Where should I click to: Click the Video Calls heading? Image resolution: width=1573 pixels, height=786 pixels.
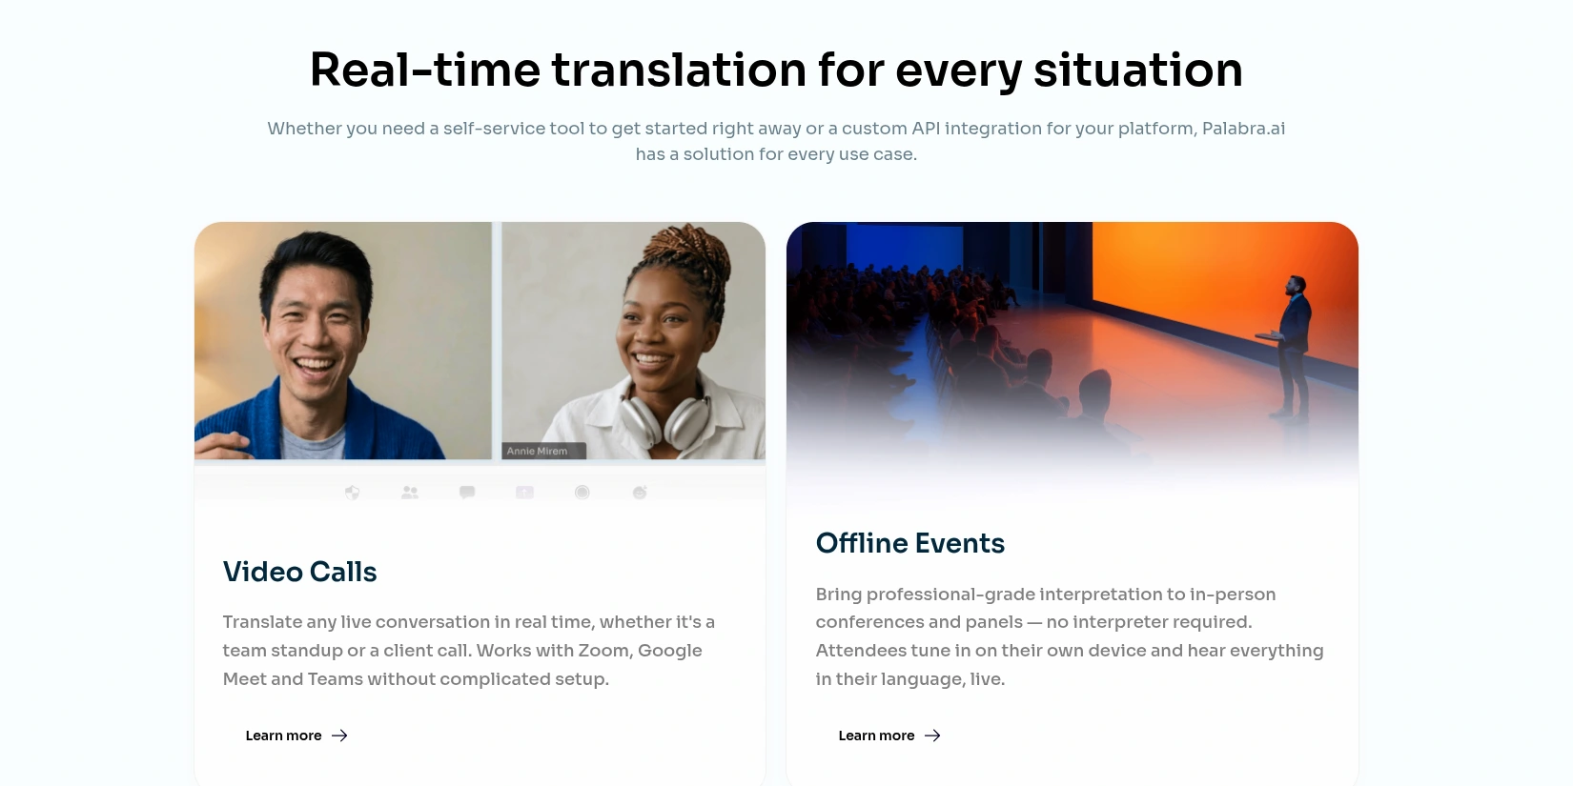(300, 572)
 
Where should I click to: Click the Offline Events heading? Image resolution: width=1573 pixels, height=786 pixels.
(910, 543)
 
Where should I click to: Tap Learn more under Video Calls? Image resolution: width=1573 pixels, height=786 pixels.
(284, 736)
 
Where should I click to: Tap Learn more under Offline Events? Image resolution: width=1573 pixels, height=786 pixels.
(876, 736)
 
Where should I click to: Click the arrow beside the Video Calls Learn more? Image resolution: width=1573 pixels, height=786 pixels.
(340, 736)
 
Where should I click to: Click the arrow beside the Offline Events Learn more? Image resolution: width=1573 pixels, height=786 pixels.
(932, 736)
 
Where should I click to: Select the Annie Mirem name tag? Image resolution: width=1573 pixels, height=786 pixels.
(543, 451)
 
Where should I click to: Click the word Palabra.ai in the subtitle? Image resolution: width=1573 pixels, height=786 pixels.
(1244, 129)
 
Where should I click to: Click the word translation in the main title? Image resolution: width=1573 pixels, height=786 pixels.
(679, 70)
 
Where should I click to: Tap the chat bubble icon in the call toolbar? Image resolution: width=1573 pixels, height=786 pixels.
(467, 492)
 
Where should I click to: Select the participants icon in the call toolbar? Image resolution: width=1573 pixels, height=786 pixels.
(409, 492)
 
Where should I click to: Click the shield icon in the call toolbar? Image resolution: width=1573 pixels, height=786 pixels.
(352, 492)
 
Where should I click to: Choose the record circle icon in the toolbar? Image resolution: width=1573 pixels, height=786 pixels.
(582, 492)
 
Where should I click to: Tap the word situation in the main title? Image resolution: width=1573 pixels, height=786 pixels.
(1138, 70)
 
